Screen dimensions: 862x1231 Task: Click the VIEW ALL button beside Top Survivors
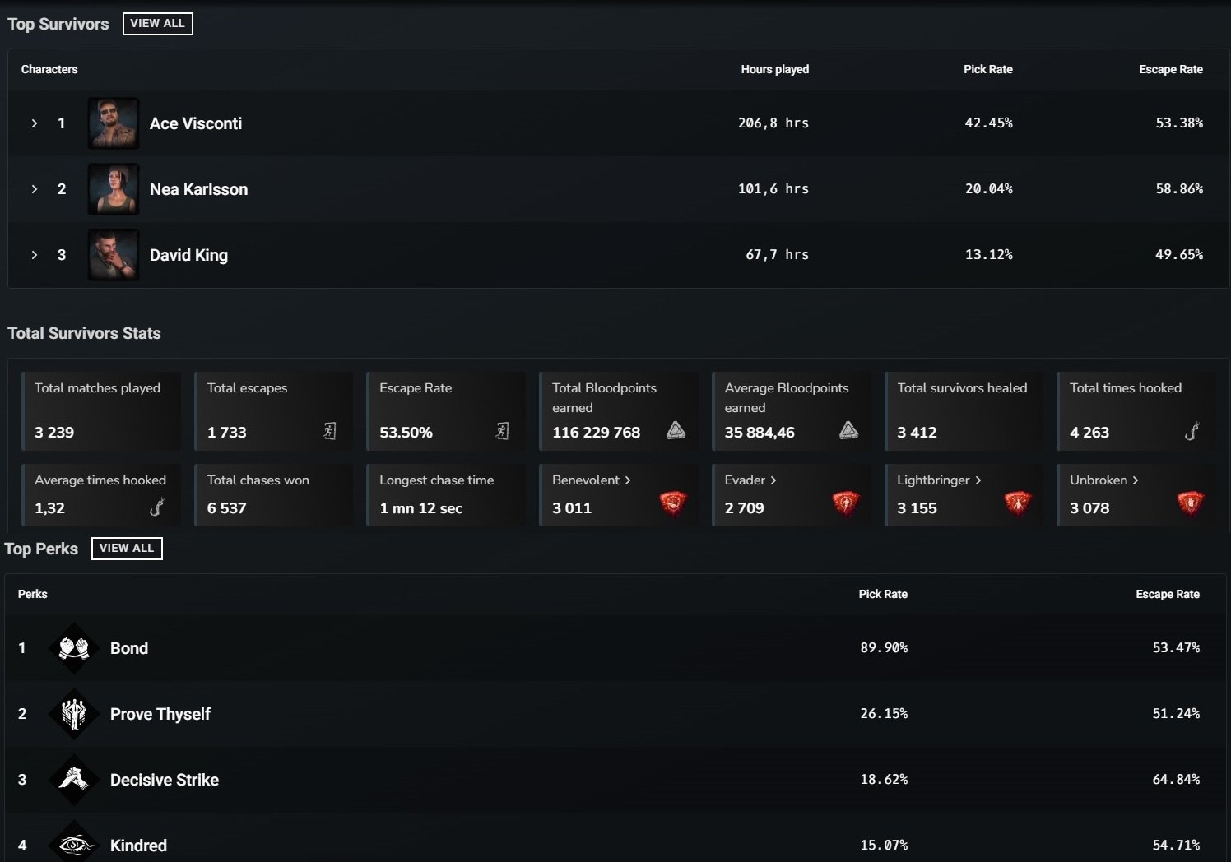tap(157, 24)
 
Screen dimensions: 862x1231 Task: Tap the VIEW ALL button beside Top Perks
tap(127, 549)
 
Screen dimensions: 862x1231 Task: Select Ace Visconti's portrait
tap(114, 123)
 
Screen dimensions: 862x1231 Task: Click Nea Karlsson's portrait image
tap(114, 189)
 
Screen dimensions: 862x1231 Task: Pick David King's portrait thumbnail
tap(114, 255)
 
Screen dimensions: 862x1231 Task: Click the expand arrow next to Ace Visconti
tap(35, 123)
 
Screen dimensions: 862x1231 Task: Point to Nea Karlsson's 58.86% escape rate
tap(1178, 189)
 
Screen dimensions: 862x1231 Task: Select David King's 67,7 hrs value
tap(777, 255)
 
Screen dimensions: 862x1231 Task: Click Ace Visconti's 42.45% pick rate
tap(988, 123)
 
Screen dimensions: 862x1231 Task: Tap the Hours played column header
tap(774, 69)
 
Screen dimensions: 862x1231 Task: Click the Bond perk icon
tap(74, 648)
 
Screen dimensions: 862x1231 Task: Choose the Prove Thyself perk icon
tap(74, 714)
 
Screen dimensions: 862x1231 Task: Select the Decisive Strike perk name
tap(165, 780)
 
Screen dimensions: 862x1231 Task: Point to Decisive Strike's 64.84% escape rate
tap(1175, 780)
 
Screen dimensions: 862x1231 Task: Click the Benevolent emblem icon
tap(673, 502)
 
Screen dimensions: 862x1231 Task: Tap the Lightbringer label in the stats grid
tap(933, 480)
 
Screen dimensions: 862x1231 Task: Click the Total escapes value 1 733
tap(227, 433)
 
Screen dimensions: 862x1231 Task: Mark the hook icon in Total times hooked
tap(1192, 431)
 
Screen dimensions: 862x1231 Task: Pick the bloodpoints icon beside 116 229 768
tap(676, 430)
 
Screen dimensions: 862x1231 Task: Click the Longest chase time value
tap(420, 508)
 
